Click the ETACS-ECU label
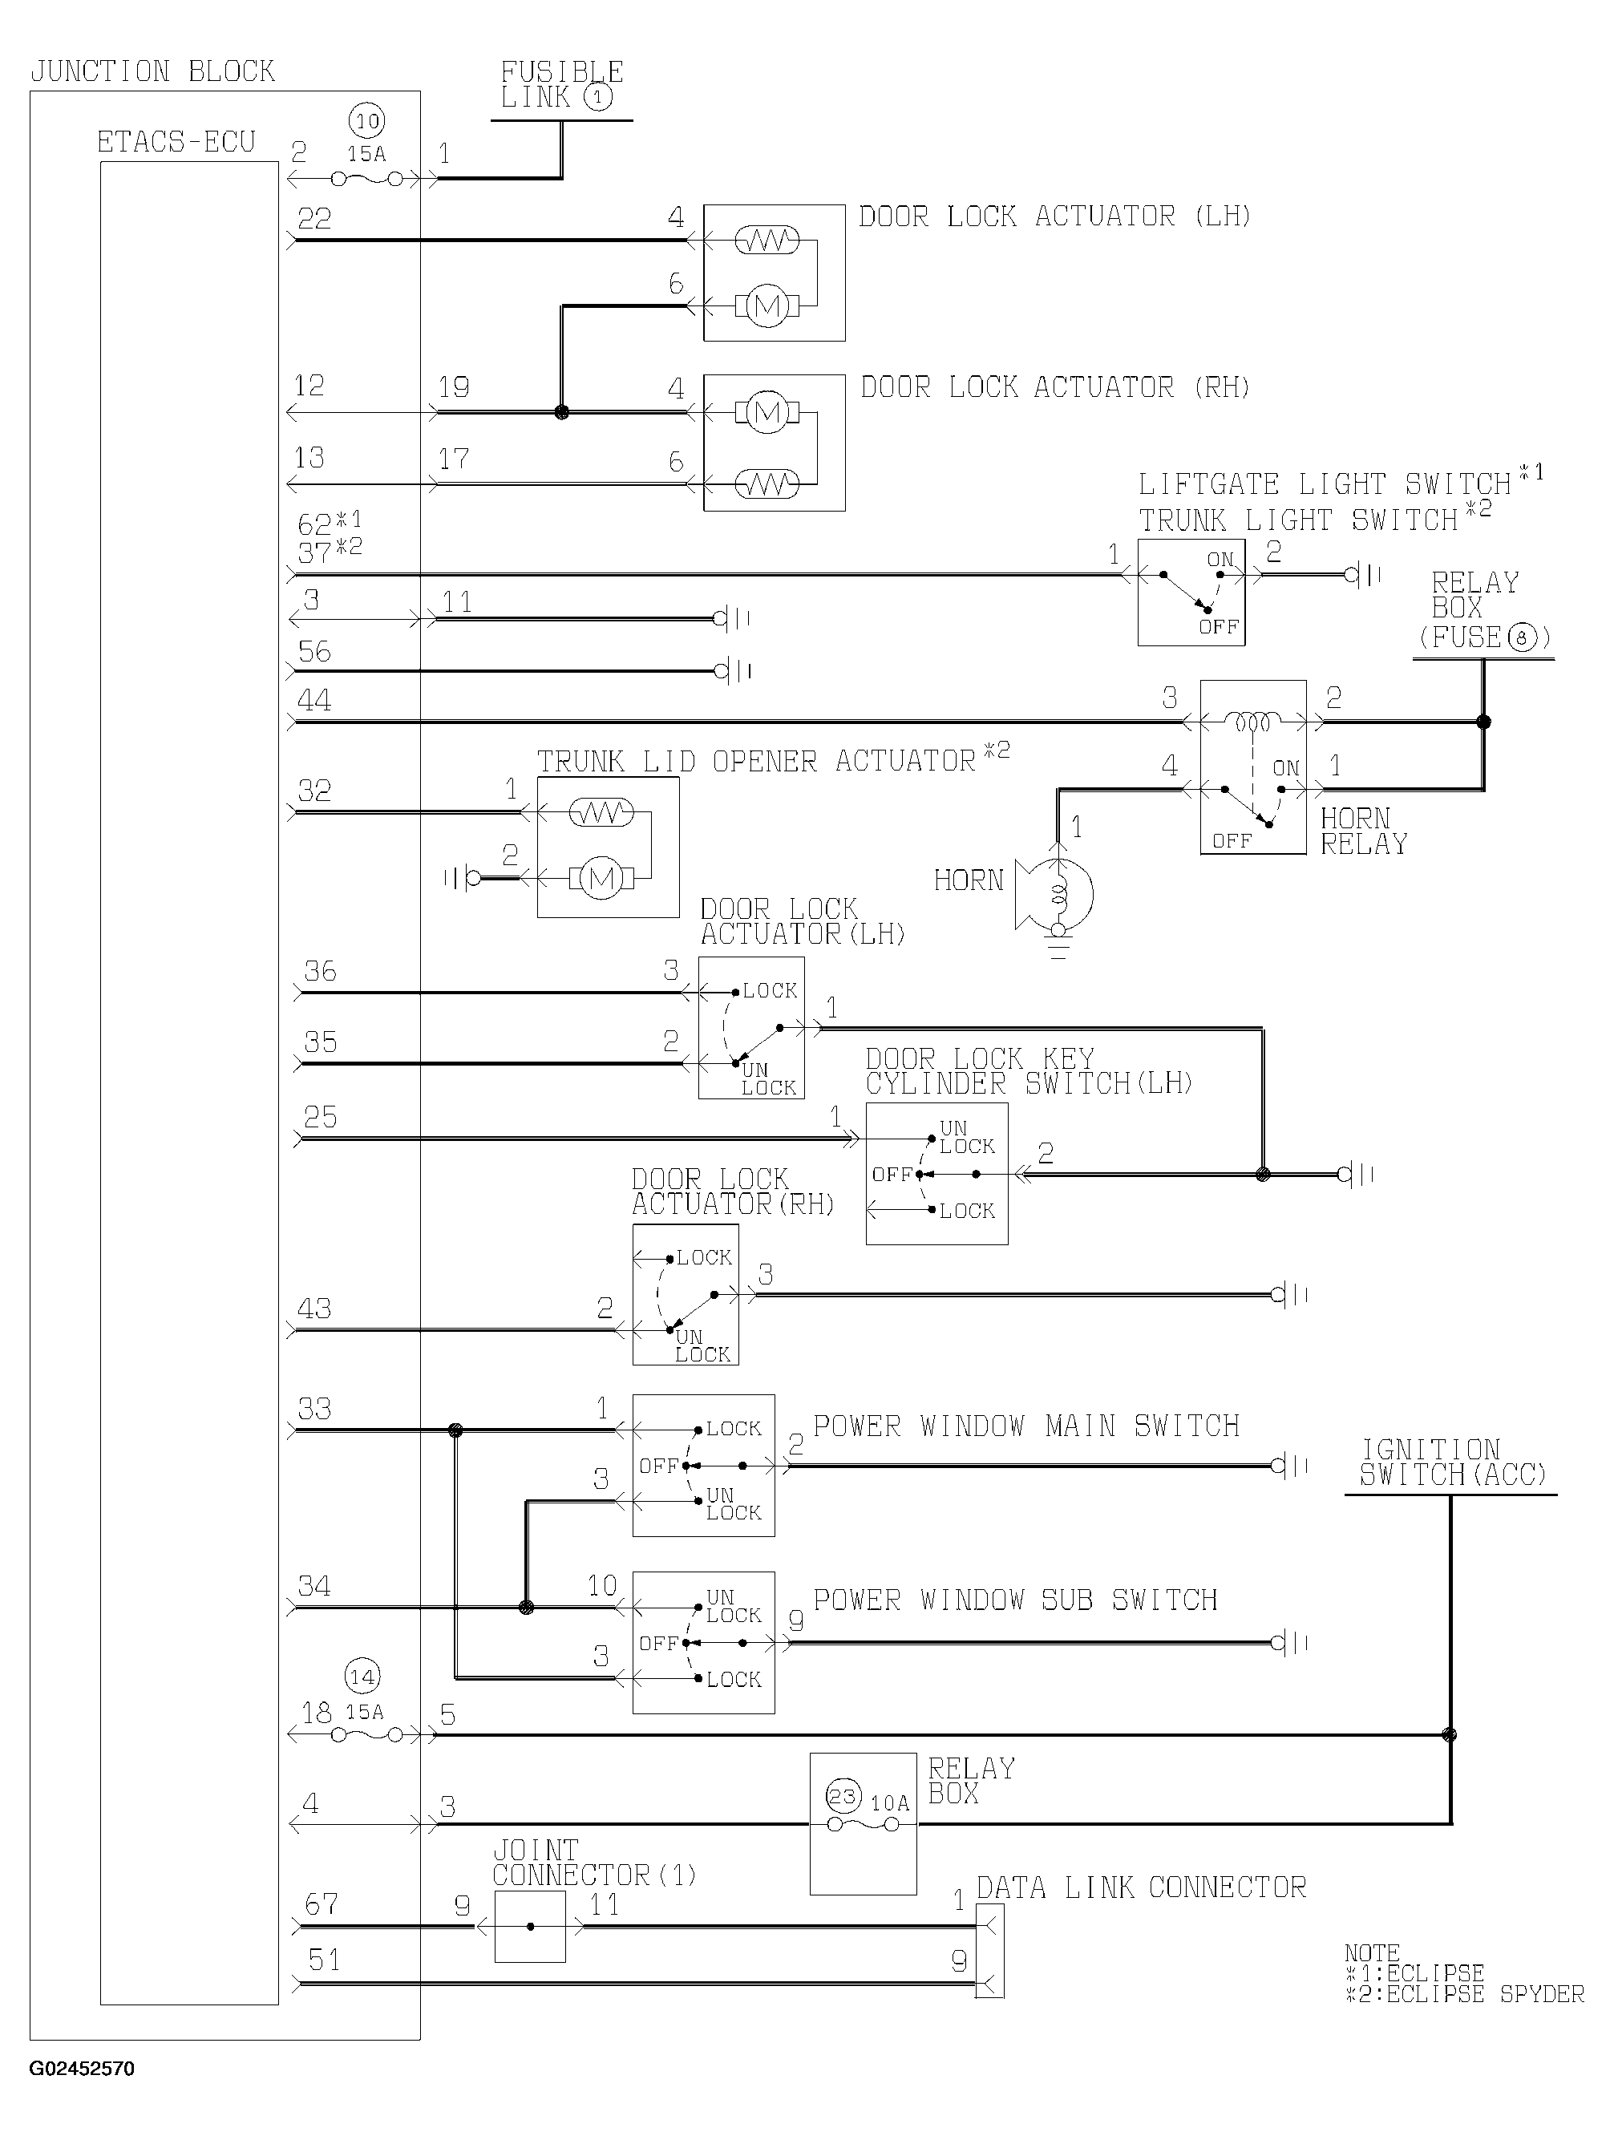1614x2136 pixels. pyautogui.click(x=176, y=142)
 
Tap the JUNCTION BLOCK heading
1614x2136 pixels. pyautogui.click(x=152, y=71)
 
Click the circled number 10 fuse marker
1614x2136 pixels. pyautogui.click(x=367, y=122)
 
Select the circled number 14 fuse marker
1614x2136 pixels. pyautogui.click(x=362, y=1677)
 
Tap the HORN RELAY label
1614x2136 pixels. pyautogui.click(x=1364, y=831)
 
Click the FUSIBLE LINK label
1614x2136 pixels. pyautogui.click(x=561, y=85)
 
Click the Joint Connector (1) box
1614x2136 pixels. pyautogui.click(x=529, y=1927)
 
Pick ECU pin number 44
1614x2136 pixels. pyautogui.click(x=314, y=700)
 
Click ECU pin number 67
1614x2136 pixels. pyautogui.click(x=322, y=1903)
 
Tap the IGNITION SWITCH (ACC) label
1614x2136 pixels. pyautogui.click(x=1453, y=1463)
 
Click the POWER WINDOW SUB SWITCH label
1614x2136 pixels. pyautogui.click(x=1015, y=1600)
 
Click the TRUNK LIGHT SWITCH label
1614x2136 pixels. pyautogui.click(x=1297, y=520)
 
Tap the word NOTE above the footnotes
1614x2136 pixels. pyautogui.click(x=1372, y=1952)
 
